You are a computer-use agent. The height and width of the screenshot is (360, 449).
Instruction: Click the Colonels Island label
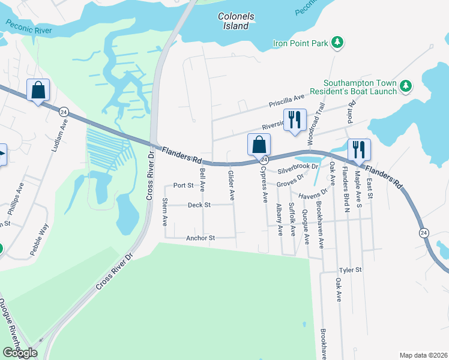[236, 21]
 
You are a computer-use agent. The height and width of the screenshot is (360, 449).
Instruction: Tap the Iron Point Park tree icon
[339, 42]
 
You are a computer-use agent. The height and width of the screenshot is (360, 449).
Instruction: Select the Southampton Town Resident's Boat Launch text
[360, 87]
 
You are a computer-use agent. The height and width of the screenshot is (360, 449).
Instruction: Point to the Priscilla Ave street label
[287, 99]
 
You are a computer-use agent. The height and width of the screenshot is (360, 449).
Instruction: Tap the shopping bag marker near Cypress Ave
[259, 145]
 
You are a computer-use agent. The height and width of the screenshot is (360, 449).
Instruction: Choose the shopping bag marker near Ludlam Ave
[38, 91]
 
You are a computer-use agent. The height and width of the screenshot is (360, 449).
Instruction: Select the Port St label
[183, 185]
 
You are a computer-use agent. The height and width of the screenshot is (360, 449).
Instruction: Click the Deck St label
[199, 205]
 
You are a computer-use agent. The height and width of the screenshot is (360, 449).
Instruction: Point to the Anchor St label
[200, 238]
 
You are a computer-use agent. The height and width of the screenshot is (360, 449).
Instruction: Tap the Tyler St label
[351, 270]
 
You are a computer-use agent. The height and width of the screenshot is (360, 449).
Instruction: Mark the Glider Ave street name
[231, 185]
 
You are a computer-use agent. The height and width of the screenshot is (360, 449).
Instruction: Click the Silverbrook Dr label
[298, 167]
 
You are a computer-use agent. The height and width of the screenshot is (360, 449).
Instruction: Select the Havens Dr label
[315, 193]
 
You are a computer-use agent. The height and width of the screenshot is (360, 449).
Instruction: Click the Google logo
[20, 353]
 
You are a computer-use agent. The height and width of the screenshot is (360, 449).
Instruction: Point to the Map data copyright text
[423, 355]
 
